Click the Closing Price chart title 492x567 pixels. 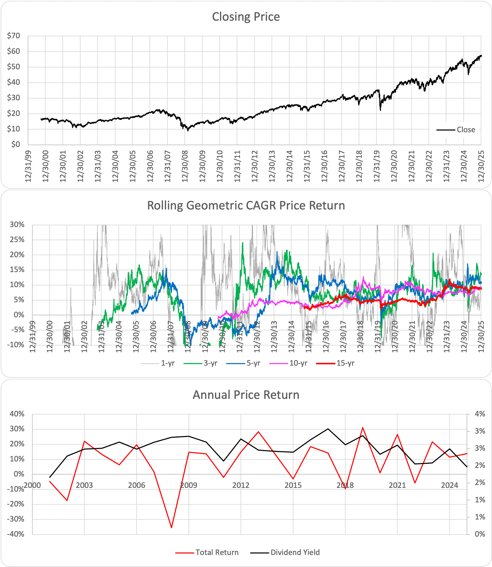coord(246,17)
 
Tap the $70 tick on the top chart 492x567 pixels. coord(13,36)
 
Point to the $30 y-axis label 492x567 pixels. coord(13,98)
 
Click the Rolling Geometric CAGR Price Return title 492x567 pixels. coord(246,206)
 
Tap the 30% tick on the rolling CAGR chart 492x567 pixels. coord(17,225)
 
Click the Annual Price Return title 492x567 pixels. coord(246,395)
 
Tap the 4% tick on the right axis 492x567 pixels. coord(480,414)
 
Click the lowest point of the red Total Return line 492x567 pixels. coord(171,528)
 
